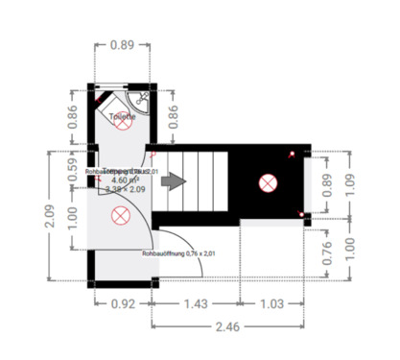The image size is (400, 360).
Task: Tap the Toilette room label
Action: tap(122, 117)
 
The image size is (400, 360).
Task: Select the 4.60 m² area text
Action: tap(127, 180)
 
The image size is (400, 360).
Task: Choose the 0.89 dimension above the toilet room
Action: tap(122, 45)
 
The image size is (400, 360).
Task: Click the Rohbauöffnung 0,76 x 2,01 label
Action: tap(180, 254)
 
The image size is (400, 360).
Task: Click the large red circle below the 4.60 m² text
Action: tap(122, 215)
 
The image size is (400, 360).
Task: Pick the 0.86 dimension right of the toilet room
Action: tap(173, 116)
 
